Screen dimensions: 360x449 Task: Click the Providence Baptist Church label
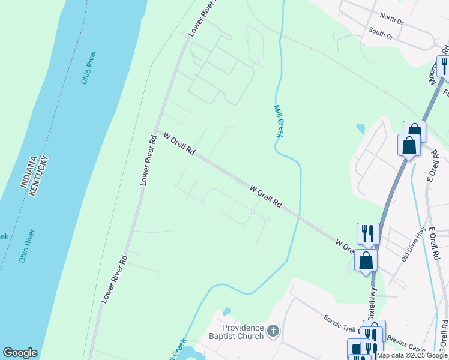pos(243,332)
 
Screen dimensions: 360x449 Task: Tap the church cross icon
pos(273,330)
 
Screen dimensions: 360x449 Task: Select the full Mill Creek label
pos(278,121)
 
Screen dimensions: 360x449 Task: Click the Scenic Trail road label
pos(340,324)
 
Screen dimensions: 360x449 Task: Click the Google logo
pos(20,353)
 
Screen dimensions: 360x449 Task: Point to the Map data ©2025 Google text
pos(412,355)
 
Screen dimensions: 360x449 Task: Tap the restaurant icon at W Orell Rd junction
pos(368,233)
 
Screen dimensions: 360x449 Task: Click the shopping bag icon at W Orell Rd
pos(366,260)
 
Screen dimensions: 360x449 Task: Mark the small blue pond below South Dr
pos(360,128)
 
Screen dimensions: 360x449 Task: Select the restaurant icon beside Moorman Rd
pos(444,65)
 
